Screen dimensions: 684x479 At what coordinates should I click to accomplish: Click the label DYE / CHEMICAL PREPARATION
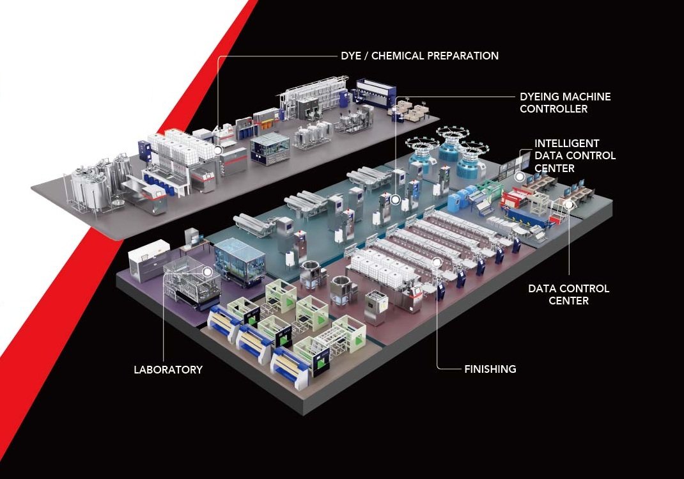coord(419,56)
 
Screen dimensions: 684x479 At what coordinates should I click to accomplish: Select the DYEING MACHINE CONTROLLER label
coord(565,102)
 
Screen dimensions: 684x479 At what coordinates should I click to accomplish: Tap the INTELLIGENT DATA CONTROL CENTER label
coord(575,156)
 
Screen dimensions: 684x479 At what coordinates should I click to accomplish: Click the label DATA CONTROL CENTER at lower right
coord(568,294)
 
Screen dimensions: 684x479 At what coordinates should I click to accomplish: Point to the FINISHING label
coord(490,369)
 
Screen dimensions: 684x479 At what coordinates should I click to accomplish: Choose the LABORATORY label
coord(168,370)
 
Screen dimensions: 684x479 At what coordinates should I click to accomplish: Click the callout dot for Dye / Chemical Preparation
coord(218,150)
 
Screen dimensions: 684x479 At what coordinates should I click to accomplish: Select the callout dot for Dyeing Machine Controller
coord(395,200)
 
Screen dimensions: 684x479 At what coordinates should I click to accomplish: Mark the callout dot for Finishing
coord(437,262)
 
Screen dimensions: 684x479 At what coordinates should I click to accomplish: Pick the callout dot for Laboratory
coord(208,272)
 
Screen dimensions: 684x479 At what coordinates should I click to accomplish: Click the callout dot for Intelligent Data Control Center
coord(519,177)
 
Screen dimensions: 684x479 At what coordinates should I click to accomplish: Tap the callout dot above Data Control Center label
coord(568,204)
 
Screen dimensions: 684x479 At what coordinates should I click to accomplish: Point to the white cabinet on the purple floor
coord(148,264)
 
